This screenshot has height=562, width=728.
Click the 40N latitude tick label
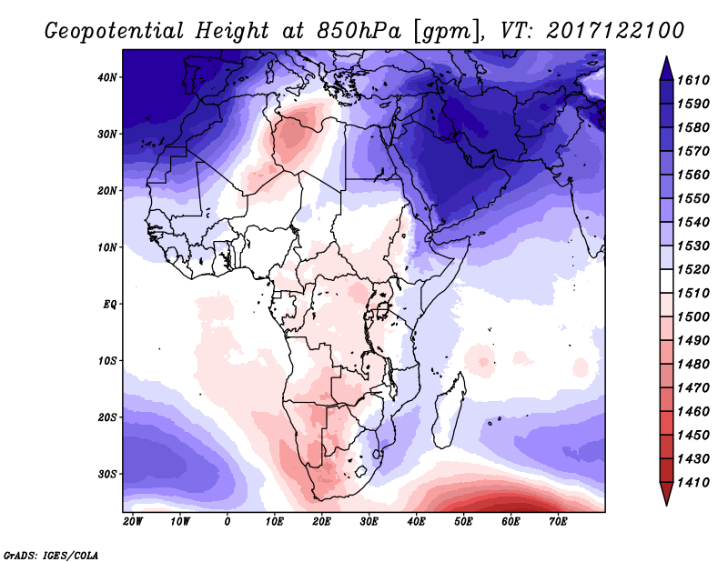coord(107,77)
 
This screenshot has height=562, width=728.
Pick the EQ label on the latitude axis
coord(109,304)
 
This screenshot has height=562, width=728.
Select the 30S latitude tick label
coord(107,474)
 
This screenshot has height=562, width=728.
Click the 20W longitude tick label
coord(133,522)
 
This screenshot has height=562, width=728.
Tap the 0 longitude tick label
coord(227,522)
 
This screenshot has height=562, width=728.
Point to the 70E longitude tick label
coord(558,522)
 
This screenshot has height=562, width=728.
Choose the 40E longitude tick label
coord(416,522)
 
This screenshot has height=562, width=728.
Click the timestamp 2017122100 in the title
coord(615,31)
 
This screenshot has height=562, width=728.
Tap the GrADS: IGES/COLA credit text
coord(50,553)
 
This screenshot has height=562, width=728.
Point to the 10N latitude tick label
coord(107,247)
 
